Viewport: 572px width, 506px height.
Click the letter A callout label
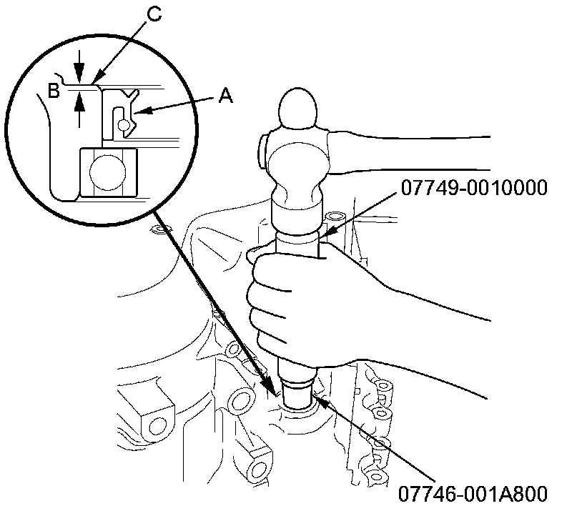pos(226,96)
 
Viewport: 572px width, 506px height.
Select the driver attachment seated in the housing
pos(295,395)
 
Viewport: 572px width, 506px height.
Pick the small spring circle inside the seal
pos(125,124)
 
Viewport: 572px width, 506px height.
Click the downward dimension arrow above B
pos(79,75)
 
